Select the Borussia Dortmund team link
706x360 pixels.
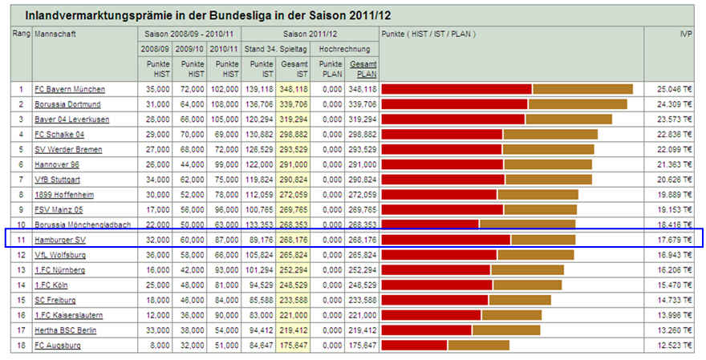[68, 104]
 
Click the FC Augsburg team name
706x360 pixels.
[58, 346]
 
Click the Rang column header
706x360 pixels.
[21, 34]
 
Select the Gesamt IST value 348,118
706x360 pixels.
[293, 88]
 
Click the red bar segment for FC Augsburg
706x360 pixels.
[414, 346]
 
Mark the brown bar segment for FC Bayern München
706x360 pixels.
[582, 88]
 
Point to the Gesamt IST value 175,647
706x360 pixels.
[293, 346]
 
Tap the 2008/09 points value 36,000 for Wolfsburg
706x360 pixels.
[155, 255]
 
